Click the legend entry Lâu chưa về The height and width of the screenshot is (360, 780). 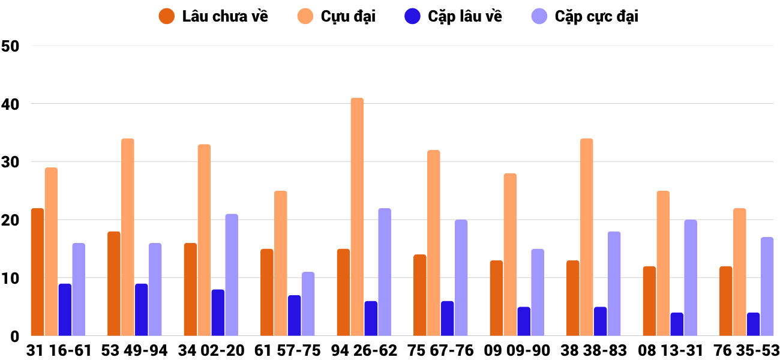coord(214,16)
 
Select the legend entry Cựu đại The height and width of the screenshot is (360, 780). coord(337,16)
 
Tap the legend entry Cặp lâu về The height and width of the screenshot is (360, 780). coord(453,16)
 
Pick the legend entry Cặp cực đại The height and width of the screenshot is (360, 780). coord(585,16)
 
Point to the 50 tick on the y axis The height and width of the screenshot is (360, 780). coord(11,46)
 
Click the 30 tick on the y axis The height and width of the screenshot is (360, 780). coord(11,162)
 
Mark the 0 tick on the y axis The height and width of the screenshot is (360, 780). coord(15,337)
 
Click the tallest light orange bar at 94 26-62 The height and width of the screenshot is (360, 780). coord(357,217)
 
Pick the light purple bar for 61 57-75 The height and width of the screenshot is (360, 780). coord(308,304)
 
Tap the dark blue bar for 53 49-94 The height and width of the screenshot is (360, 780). coord(141,310)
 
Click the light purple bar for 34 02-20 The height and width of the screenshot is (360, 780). coord(232,275)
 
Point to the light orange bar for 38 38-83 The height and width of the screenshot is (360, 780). coord(586,237)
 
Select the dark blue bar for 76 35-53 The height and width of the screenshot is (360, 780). coord(753,324)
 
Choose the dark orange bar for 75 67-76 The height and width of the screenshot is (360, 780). coord(420,295)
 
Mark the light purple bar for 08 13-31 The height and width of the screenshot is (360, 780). coord(691,278)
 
